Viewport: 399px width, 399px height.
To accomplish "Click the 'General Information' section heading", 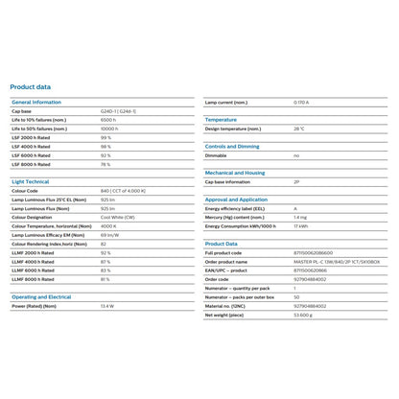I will pos(35,101).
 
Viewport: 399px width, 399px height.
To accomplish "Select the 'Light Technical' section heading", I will pos(31,180).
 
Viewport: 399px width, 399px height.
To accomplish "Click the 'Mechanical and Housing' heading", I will pos(235,173).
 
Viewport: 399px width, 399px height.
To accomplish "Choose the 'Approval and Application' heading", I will pos(236,199).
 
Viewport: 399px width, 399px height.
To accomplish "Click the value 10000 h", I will pos(110,128).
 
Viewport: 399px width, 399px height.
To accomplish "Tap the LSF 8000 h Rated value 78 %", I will pos(106,163).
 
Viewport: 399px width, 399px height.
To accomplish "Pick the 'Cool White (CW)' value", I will pos(117,217).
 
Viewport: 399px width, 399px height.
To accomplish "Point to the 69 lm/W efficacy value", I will pos(110,234).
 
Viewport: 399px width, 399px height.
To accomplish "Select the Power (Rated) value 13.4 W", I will pos(107,307).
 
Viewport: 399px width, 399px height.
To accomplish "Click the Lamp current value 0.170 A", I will pos(301,101).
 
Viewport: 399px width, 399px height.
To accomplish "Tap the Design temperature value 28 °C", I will pos(299,128).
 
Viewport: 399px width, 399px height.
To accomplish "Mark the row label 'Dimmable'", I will pos(216,154).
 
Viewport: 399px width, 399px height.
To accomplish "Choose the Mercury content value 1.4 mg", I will pos(300,217).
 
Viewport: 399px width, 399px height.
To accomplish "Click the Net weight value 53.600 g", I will pos(303,315).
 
